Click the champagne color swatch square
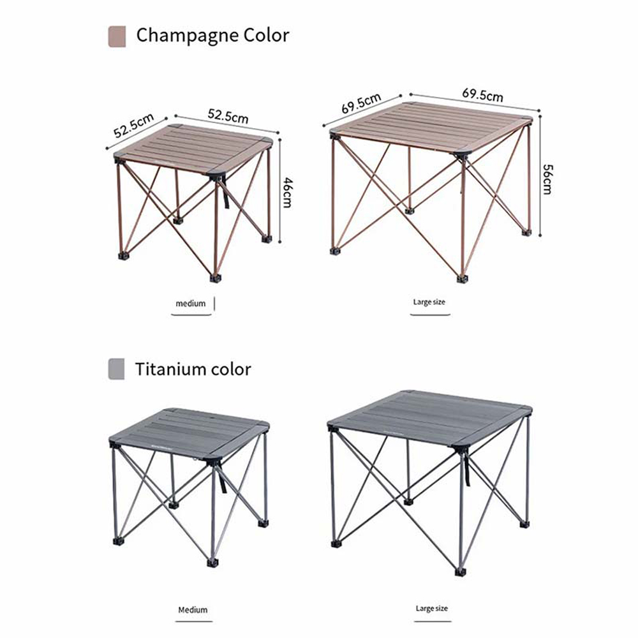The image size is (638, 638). point(117,36)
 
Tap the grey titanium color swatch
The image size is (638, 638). point(116,369)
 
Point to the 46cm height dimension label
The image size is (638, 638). point(287,193)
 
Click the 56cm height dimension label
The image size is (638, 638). point(547,179)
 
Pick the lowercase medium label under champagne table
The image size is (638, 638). point(190,304)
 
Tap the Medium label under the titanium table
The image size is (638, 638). point(193,609)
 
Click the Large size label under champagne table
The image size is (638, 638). point(429,302)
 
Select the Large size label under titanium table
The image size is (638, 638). point(432,608)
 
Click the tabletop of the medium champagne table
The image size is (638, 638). point(193,149)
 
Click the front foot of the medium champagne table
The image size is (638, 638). point(215,278)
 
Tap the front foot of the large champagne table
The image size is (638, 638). point(461,279)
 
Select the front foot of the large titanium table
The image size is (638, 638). point(460,572)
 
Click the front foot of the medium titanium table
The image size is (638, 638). point(212,563)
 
